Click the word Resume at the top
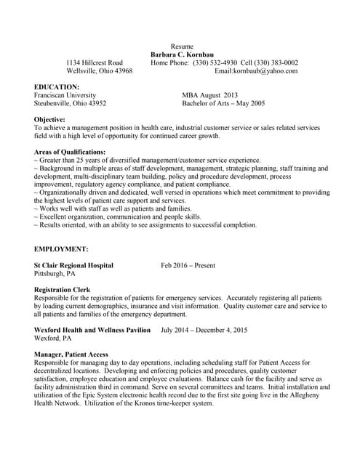coord(182,46)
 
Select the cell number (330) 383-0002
coord(276,62)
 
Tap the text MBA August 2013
coord(209,94)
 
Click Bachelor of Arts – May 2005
coord(223,103)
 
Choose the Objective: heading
coord(49,119)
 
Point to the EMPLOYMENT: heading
coord(61,249)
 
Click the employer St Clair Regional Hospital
coord(73,265)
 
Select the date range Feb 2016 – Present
coord(188,265)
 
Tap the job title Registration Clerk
coord(63,289)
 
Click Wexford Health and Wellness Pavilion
coord(92,330)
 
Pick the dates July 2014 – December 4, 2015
coord(204,330)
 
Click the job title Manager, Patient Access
coord(71,355)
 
